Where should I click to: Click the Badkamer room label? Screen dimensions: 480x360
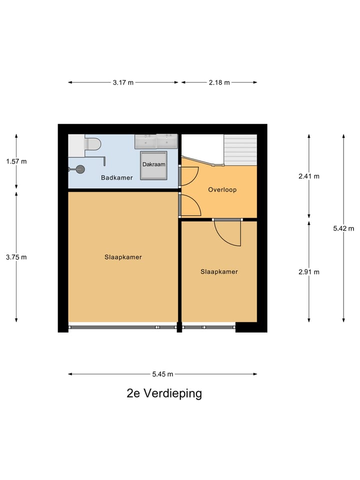coord(116,177)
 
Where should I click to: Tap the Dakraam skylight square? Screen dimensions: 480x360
coord(153,164)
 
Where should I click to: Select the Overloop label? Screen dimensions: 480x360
coord(222,190)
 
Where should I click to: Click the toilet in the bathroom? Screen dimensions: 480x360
coord(92,144)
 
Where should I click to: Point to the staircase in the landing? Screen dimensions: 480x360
coord(240,149)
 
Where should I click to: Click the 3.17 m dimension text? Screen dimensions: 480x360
coord(123,82)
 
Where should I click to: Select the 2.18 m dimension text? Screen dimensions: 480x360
coord(219,82)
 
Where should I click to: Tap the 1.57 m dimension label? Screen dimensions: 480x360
coord(16,161)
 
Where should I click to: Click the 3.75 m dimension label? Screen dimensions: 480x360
coord(16,257)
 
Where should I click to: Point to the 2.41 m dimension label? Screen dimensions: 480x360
coord(308,176)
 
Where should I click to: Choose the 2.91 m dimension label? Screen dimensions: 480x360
coord(308,272)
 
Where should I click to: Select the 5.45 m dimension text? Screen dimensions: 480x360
coord(162,374)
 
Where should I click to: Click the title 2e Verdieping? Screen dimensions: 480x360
coord(164,393)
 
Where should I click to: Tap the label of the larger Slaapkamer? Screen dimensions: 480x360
coord(123,257)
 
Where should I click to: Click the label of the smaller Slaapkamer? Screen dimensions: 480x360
coord(219,272)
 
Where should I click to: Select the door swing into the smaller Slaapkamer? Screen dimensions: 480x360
coord(228,233)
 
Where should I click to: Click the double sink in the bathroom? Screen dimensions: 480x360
coord(156,141)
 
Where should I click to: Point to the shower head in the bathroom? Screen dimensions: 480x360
coord(79,169)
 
